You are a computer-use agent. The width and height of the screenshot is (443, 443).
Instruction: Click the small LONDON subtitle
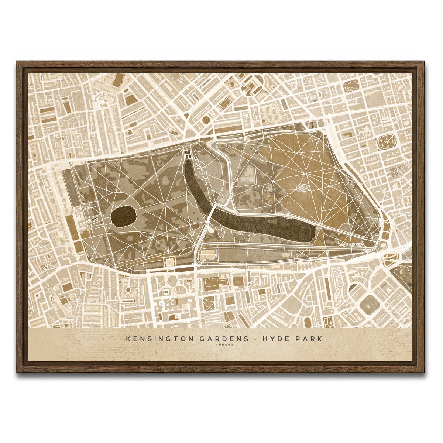coord(225,346)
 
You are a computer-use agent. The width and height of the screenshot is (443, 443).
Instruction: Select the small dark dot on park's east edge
coord(349,181)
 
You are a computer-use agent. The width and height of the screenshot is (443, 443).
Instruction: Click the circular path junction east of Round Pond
coord(164,204)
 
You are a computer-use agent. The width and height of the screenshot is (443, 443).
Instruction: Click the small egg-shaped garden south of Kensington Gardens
coord(128,290)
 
